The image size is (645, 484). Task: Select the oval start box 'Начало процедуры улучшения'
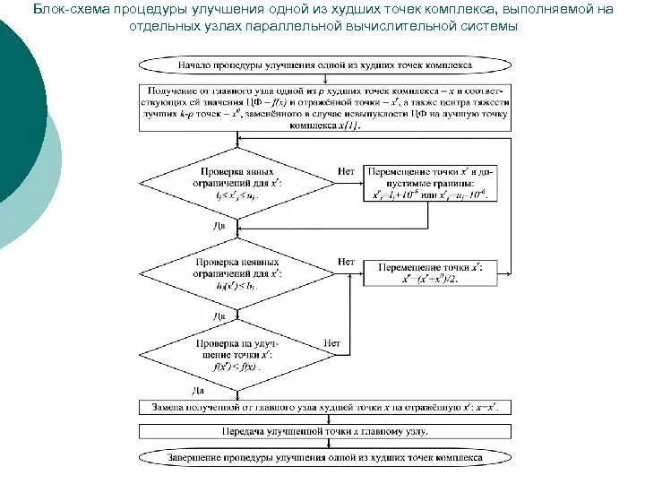click(x=324, y=65)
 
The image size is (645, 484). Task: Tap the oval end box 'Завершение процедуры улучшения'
click(x=324, y=457)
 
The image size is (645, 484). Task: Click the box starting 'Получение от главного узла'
click(x=324, y=108)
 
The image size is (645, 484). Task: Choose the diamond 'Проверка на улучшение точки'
click(x=236, y=354)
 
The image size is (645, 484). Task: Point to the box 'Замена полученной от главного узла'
click(x=324, y=407)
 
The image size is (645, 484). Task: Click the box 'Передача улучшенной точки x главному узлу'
click(x=324, y=431)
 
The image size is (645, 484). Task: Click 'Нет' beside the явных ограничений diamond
click(x=347, y=170)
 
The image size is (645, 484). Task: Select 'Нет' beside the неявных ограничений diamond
click(x=347, y=263)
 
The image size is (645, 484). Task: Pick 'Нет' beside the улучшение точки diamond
click(x=332, y=342)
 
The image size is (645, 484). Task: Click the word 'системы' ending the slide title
click(x=491, y=28)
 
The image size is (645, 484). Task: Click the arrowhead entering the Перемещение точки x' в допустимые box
click(x=359, y=183)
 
